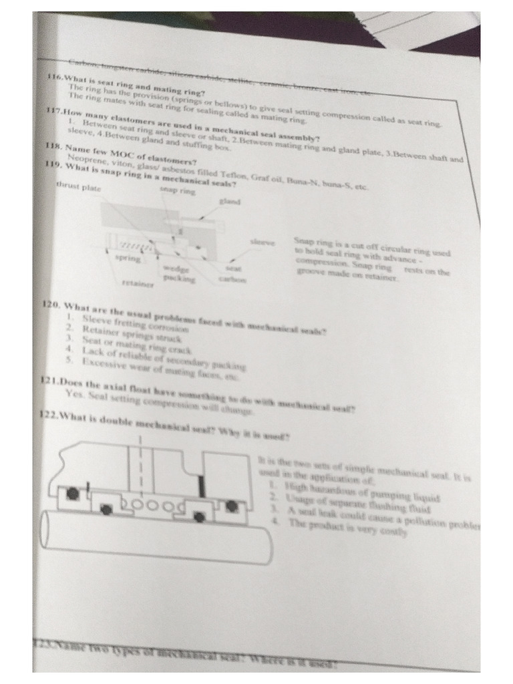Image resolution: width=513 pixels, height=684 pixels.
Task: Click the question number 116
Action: pyautogui.click(x=55, y=77)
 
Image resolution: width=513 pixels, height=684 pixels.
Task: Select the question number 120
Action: pyautogui.click(x=51, y=305)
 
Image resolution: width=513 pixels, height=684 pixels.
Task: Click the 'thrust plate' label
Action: pyautogui.click(x=78, y=188)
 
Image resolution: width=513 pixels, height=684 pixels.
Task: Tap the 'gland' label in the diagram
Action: pyautogui.click(x=229, y=201)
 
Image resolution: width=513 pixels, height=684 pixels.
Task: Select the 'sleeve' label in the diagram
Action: pyautogui.click(x=262, y=241)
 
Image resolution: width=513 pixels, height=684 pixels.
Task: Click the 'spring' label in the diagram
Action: pyautogui.click(x=128, y=257)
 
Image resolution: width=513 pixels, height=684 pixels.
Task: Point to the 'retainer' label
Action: pyautogui.click(x=137, y=283)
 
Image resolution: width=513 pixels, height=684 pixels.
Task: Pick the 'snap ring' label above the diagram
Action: pyautogui.click(x=177, y=190)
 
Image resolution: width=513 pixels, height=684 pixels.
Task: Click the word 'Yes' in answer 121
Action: pyautogui.click(x=73, y=393)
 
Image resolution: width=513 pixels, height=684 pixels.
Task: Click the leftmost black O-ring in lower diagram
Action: pyautogui.click(x=71, y=494)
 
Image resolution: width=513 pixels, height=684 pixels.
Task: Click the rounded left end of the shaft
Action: pyautogui.click(x=48, y=529)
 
